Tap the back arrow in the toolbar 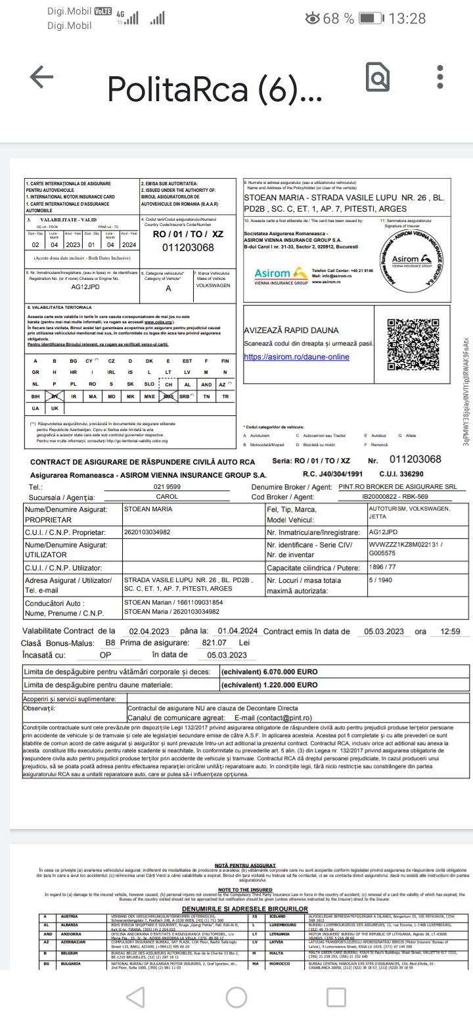click(x=41, y=78)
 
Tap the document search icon click(x=378, y=79)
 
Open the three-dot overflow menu click(x=440, y=78)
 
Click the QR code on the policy click(x=413, y=342)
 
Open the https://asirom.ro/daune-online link click(x=296, y=357)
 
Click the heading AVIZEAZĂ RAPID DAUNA click(x=291, y=330)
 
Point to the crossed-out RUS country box click(x=168, y=396)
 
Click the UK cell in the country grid click(x=55, y=408)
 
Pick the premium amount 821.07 click(x=214, y=643)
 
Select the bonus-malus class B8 click(x=110, y=643)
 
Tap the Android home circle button click(x=236, y=997)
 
